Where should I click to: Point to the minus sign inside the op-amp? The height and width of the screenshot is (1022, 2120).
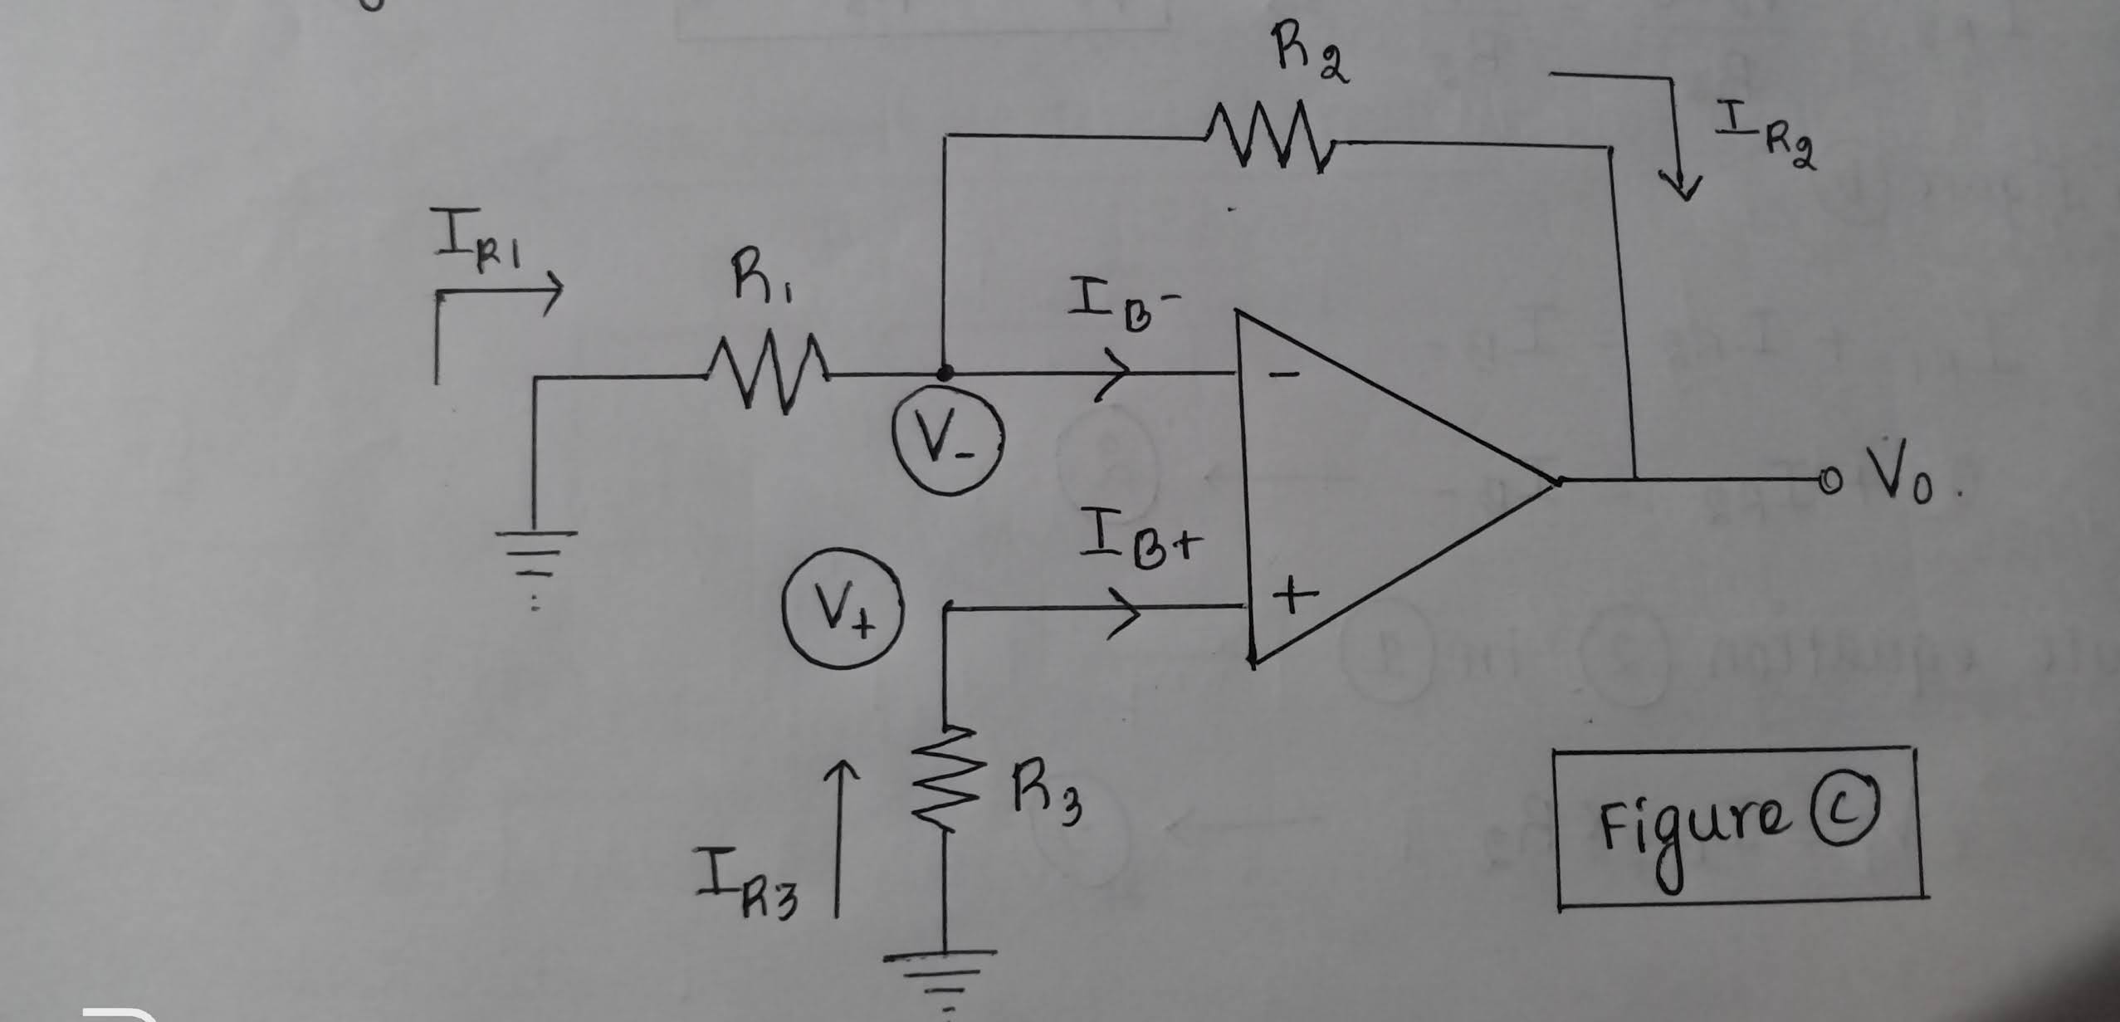click(x=1282, y=375)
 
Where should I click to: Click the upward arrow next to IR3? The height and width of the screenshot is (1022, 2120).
click(x=839, y=839)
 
